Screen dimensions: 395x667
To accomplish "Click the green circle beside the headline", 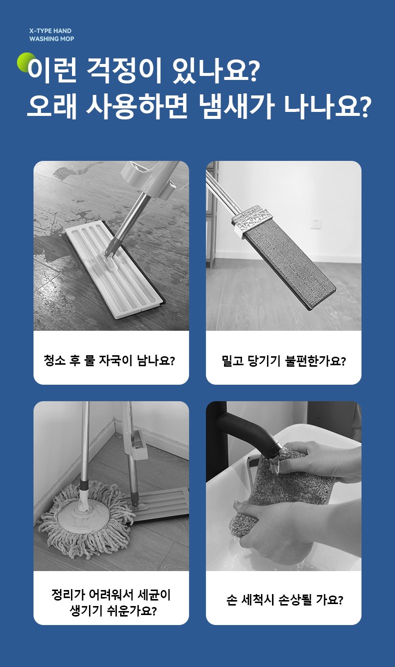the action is (25, 62).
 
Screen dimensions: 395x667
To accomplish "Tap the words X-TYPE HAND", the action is (50, 30).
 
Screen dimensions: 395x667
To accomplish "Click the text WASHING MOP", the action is (51, 38).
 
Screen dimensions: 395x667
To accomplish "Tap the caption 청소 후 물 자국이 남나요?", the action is (109, 360).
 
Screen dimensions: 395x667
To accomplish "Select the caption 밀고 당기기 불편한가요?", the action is (283, 361).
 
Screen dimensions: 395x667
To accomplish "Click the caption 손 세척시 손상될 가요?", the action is (285, 600).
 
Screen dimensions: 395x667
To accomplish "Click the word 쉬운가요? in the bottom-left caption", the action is (133, 611).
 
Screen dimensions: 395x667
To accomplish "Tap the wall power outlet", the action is (316, 223).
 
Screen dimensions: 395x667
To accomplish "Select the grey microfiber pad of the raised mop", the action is (288, 266).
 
